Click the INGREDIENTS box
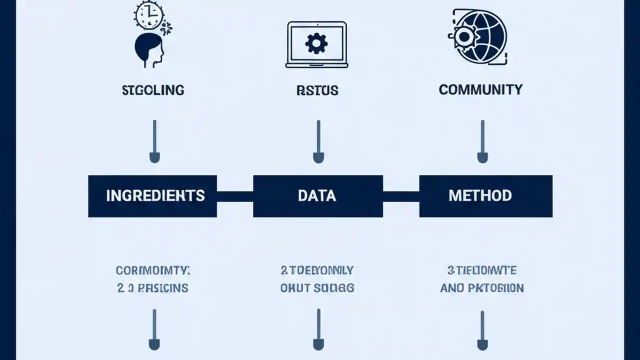click(152, 195)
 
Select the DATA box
click(317, 195)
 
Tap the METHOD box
click(485, 195)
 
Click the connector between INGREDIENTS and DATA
click(235, 196)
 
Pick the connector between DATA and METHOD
click(401, 196)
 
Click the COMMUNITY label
click(480, 89)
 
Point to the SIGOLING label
click(153, 90)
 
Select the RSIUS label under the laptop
click(317, 90)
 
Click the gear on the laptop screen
click(316, 43)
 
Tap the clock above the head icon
click(149, 15)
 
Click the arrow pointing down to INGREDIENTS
click(154, 141)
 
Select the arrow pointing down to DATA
click(318, 141)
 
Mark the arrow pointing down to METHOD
click(482, 141)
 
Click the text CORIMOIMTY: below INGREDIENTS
click(153, 270)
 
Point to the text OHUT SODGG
click(317, 288)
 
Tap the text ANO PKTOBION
click(482, 288)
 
